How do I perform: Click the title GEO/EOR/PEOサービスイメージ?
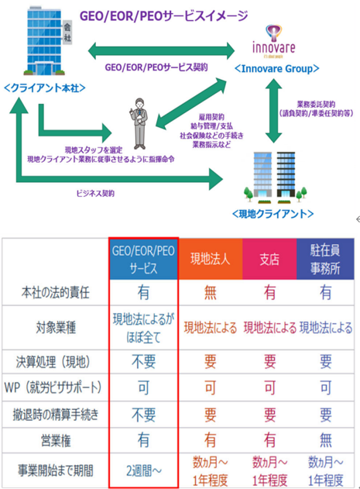click(x=161, y=15)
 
